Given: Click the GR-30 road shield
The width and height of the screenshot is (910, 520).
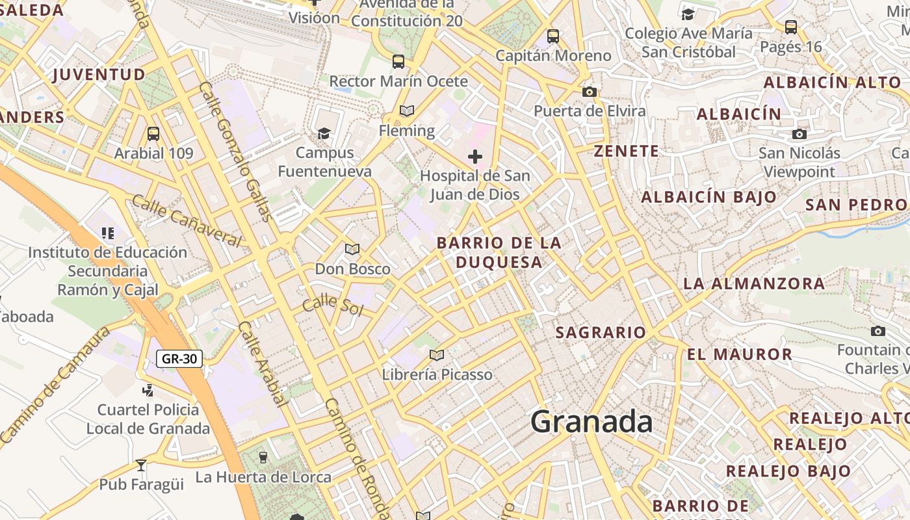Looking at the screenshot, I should (x=179, y=358).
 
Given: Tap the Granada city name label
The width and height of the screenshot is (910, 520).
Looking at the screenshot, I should (x=591, y=422).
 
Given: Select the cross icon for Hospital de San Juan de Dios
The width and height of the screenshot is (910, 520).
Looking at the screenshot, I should (x=475, y=157).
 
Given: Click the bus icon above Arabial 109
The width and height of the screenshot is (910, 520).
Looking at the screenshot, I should (x=153, y=134).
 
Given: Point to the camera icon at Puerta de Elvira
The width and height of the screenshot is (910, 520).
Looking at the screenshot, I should (x=590, y=92).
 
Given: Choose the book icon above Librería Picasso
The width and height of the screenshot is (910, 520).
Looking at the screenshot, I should (x=437, y=355).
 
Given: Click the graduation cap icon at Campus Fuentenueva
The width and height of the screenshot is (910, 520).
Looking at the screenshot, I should (x=324, y=133).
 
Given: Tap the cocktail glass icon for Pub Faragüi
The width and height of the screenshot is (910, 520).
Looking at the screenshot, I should (x=141, y=465).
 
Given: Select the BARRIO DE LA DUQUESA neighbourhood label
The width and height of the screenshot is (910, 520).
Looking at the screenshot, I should (x=499, y=252).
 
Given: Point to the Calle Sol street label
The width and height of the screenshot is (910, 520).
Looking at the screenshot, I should (x=333, y=304).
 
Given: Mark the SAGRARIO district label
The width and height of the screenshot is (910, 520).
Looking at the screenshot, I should (x=601, y=333).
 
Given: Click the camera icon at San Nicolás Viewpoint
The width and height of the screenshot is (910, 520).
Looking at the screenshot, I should (x=799, y=135).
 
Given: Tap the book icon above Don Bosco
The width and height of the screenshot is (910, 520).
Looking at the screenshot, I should (x=352, y=249).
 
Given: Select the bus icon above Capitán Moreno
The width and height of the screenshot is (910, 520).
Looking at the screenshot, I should (x=553, y=36).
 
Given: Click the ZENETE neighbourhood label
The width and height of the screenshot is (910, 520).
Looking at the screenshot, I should (x=627, y=151).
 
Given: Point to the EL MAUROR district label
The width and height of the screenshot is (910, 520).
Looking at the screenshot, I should (x=740, y=354).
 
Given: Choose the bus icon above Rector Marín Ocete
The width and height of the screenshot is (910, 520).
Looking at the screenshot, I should (x=398, y=62).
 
